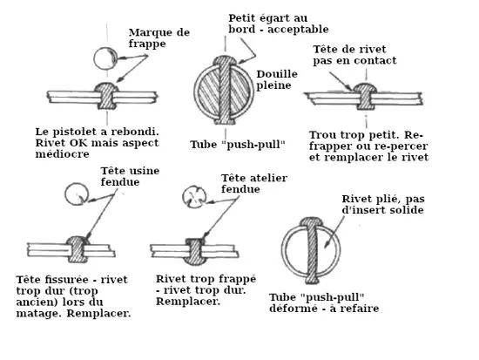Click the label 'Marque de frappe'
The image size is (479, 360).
pyautogui.click(x=159, y=38)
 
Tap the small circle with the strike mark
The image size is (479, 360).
pyautogui.click(x=105, y=58)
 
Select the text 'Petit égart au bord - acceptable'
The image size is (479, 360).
pyautogui.click(x=279, y=24)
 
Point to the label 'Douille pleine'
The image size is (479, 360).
pyautogui.click(x=277, y=79)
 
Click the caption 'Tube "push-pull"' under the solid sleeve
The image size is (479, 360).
pyautogui.click(x=238, y=145)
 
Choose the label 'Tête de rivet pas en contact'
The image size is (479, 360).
pyautogui.click(x=354, y=55)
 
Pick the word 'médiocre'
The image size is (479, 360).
pyautogui.click(x=62, y=153)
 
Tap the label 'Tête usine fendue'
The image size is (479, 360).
pyautogui.click(x=130, y=176)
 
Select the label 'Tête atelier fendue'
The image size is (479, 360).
pyautogui.click(x=253, y=183)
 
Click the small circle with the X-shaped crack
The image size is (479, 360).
pyautogui.click(x=194, y=197)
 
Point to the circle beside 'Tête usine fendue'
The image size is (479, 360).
pyautogui.click(x=77, y=194)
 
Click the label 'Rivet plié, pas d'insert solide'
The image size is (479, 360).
pyautogui.click(x=383, y=204)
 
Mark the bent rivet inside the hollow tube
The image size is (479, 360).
pyautogui.click(x=312, y=250)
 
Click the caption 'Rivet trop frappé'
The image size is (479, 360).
pyautogui.click(x=206, y=279)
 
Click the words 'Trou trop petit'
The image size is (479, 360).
pyautogui.click(x=354, y=135)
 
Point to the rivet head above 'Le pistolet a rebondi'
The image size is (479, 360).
pyautogui.click(x=106, y=88)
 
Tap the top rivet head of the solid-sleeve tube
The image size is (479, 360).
pyautogui.click(x=224, y=60)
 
